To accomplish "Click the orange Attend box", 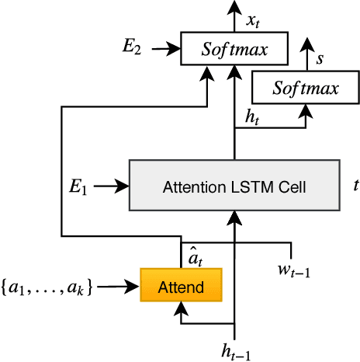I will pyautogui.click(x=181, y=287).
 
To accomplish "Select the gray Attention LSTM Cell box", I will pyautogui.click(x=234, y=186).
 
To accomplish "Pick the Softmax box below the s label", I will pyautogui.click(x=306, y=89).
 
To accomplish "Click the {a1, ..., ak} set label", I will pyautogui.click(x=48, y=287).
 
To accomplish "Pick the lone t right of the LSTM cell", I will pyautogui.click(x=355, y=186).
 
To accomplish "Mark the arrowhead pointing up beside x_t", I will pyautogui.click(x=234, y=8).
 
